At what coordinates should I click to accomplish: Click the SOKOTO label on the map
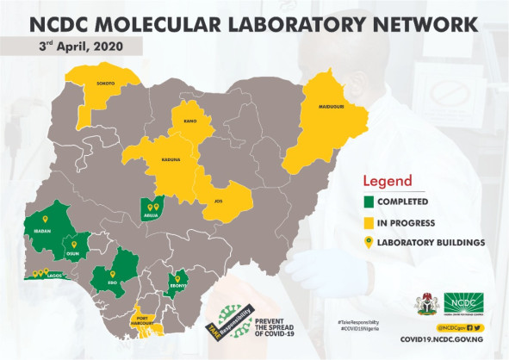point(105,84)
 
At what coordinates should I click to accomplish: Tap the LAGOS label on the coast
point(55,276)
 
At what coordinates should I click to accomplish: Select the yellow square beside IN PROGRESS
point(370,222)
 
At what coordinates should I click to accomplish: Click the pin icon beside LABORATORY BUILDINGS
point(370,242)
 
